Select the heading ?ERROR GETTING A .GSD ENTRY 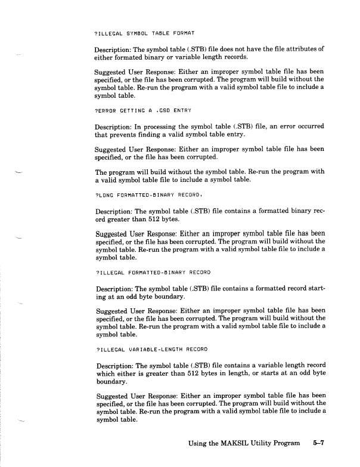click(143, 111)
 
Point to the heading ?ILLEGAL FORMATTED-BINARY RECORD click(153, 273)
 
